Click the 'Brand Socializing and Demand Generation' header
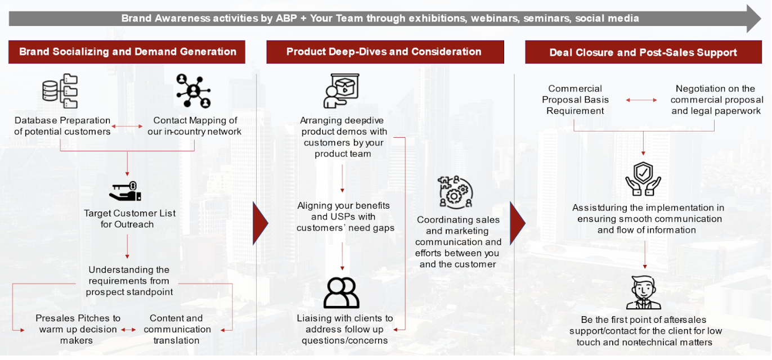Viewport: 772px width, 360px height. point(127,52)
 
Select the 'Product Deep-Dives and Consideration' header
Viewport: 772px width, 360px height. point(384,52)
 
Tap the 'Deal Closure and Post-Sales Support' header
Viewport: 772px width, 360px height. point(643,52)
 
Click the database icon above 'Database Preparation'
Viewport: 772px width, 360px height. point(60,91)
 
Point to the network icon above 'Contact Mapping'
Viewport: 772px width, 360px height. point(193,91)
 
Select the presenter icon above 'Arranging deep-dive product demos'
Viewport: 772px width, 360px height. point(341,91)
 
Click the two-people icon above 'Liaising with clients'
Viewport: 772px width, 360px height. point(342,293)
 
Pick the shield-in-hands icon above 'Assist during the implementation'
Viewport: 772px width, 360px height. point(643,179)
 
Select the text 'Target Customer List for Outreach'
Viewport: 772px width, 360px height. point(129,219)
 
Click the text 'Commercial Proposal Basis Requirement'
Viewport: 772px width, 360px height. point(575,100)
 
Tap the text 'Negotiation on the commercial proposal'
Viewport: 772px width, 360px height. point(716,100)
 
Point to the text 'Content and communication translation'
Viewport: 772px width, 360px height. point(177,329)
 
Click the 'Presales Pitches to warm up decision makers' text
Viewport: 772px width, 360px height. point(78,329)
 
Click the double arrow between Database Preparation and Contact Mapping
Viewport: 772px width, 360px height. point(127,127)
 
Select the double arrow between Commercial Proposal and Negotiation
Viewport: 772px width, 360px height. point(641,100)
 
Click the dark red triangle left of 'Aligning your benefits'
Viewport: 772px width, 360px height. point(260,223)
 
